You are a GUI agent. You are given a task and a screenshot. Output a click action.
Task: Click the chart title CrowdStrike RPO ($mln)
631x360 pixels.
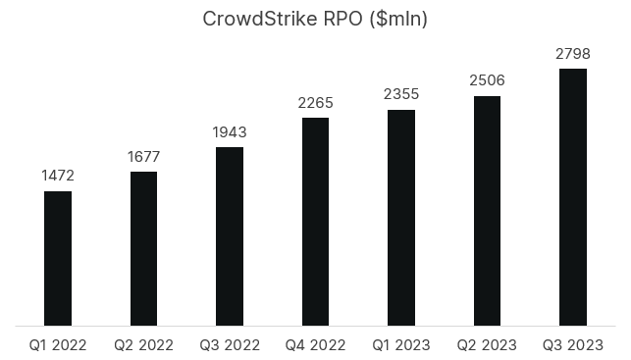(x=315, y=20)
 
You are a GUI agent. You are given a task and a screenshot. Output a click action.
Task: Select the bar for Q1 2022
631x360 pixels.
(x=58, y=257)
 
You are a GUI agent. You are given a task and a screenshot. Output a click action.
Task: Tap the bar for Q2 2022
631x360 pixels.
(x=143, y=247)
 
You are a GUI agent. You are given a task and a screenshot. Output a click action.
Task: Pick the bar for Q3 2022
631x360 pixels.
(x=230, y=235)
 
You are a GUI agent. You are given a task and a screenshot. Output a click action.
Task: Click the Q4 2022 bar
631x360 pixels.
(x=315, y=221)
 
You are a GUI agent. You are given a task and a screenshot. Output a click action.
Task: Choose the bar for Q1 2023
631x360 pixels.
(x=401, y=217)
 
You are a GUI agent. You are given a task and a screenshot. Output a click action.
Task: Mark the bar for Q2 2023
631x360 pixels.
(x=487, y=210)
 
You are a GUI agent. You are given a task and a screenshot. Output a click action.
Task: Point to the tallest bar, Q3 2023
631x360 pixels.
(x=573, y=196)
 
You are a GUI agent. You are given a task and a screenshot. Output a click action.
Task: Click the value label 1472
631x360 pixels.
(x=58, y=176)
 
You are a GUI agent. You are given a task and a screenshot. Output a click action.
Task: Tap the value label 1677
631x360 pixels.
(x=143, y=156)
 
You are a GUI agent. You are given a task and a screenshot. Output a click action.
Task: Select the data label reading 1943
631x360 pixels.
(x=230, y=131)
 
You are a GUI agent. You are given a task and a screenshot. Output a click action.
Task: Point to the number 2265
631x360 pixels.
(x=315, y=102)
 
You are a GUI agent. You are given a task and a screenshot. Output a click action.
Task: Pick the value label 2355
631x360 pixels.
(x=401, y=94)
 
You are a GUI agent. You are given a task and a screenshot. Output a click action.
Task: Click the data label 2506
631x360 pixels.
(x=487, y=80)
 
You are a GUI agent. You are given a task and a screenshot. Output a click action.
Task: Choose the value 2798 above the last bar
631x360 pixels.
(x=573, y=53)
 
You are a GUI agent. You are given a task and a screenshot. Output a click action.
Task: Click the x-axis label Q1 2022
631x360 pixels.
(x=58, y=344)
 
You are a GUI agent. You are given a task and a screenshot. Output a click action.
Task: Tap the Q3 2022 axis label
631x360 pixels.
(x=230, y=344)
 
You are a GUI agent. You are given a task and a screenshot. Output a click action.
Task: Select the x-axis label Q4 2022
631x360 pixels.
(x=315, y=344)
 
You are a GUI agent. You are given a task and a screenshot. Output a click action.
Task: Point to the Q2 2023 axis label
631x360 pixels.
(x=487, y=344)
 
